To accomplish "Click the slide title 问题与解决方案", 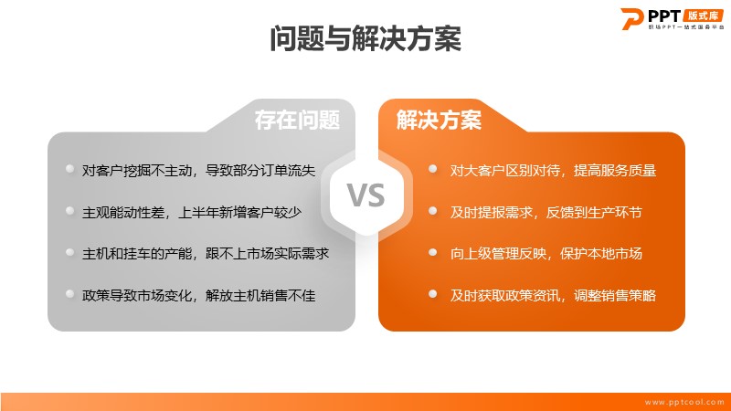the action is click(365, 38).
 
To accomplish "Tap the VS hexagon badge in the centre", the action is click(366, 195).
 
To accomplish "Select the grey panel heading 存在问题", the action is click(297, 121).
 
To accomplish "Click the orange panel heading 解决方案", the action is click(439, 121).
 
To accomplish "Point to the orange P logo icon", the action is click(631, 18).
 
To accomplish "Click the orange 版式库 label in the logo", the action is click(703, 16).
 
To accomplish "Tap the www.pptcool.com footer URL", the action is click(683, 402).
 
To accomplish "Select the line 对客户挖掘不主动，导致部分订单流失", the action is click(198, 171).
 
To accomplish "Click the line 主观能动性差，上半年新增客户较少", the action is click(192, 213).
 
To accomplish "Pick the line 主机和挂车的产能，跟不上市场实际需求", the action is click(206, 254).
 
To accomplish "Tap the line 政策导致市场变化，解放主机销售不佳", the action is click(198, 295).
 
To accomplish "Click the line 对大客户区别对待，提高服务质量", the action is click(553, 171).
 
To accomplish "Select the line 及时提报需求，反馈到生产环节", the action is click(546, 213).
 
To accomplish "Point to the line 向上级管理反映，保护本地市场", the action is click(546, 254).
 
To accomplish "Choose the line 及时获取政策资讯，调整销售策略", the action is click(553, 295).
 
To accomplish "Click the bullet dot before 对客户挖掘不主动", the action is click(70, 169).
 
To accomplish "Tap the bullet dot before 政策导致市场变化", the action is click(70, 293).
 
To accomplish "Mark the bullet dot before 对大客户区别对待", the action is click(432, 169).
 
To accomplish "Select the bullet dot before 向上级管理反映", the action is click(432, 252).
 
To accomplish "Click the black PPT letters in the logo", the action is click(664, 16).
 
